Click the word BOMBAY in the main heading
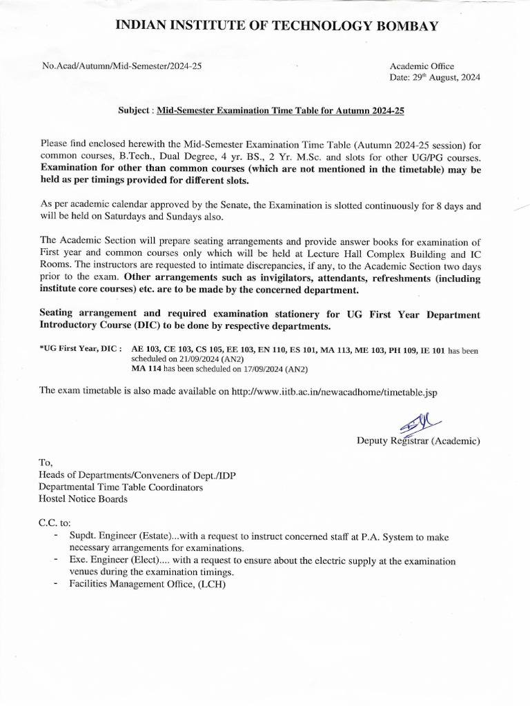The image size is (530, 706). pyautogui.click(x=400, y=26)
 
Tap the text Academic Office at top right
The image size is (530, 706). pyautogui.click(x=422, y=66)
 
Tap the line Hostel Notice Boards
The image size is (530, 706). pyautogui.click(x=83, y=498)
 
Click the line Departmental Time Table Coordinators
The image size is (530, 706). pyautogui.click(x=121, y=487)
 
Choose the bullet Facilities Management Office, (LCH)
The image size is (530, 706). pyautogui.click(x=147, y=584)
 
